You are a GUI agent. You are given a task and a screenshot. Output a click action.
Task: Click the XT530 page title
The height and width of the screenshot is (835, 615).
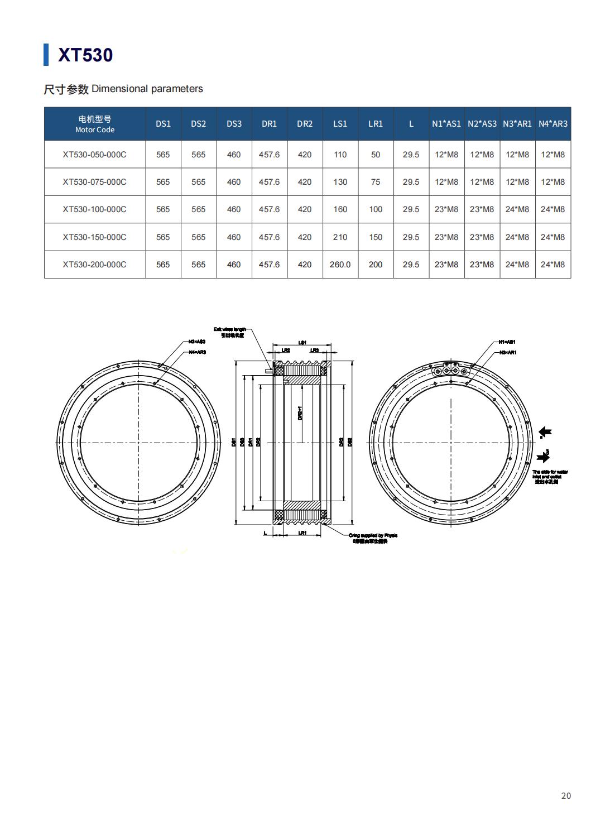[85, 55]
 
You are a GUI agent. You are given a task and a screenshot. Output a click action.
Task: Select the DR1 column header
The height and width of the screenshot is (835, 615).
[269, 123]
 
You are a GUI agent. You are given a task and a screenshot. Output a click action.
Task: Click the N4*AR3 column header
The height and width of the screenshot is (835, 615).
[552, 123]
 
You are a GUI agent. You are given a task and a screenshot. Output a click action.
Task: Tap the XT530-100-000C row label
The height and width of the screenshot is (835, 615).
[94, 209]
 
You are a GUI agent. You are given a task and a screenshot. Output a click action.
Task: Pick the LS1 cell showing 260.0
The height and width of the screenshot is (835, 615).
[340, 265]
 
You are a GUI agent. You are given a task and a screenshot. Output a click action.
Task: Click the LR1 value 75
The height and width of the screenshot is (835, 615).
[376, 182]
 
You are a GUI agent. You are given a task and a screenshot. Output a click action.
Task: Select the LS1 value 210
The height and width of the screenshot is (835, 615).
[340, 237]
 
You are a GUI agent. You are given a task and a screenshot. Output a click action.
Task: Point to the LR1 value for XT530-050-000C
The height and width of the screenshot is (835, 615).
[376, 155]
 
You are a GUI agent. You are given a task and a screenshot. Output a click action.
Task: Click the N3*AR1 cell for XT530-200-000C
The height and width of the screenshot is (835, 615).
[517, 265]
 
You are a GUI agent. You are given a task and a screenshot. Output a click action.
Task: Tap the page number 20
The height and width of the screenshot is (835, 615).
[566, 796]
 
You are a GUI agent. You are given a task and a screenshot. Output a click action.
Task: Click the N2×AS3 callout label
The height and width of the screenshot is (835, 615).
[197, 341]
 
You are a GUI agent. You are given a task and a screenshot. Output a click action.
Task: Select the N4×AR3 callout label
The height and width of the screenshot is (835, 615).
[198, 352]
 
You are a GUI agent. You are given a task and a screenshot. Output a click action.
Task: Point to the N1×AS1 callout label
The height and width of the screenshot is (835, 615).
[507, 342]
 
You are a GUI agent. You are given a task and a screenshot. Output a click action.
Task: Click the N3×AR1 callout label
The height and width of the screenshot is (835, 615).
[508, 352]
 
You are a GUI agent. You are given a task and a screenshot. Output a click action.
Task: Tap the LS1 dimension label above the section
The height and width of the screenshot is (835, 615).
[302, 342]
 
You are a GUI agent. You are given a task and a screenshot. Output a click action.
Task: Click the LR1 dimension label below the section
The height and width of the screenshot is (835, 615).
[302, 533]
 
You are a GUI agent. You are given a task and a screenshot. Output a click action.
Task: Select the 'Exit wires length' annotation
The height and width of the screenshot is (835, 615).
[229, 330]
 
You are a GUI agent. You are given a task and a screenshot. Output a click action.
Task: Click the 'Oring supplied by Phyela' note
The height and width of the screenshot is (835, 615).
[373, 535]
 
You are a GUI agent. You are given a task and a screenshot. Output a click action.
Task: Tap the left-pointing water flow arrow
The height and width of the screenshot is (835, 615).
[545, 431]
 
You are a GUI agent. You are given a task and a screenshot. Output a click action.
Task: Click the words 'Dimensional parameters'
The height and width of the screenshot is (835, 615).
[147, 89]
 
